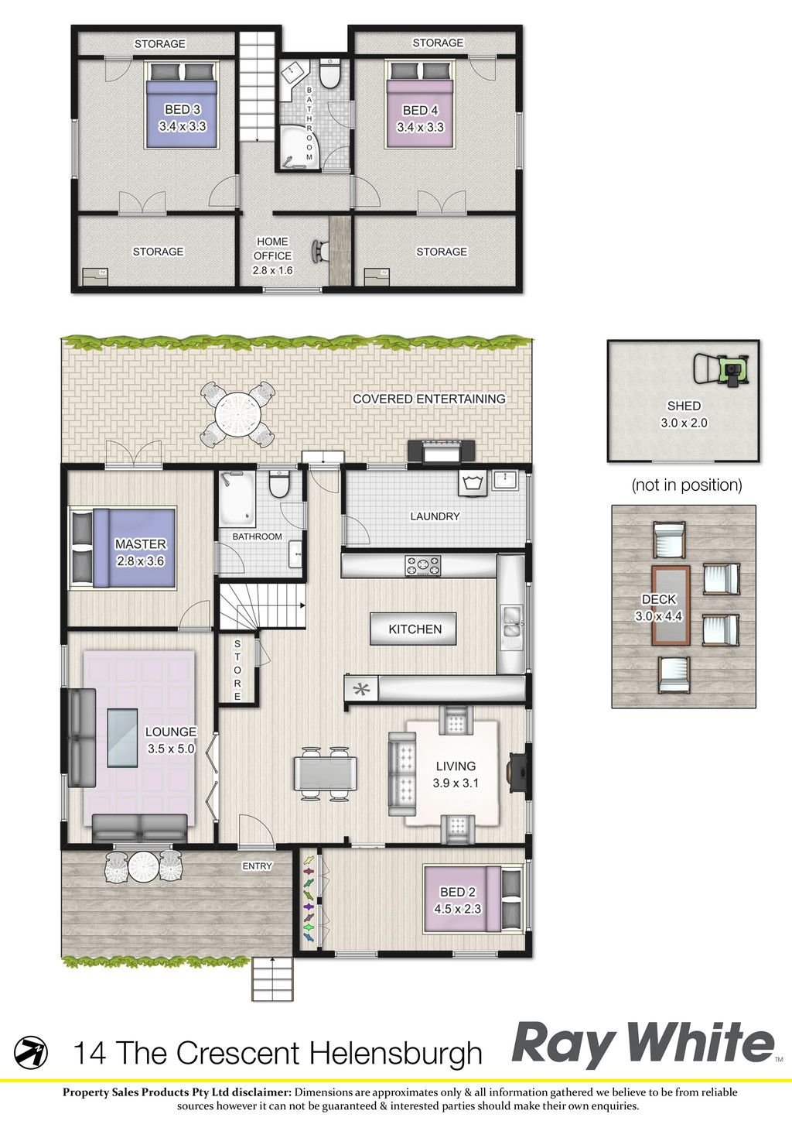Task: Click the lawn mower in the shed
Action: point(722,369)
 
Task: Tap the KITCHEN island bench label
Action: point(415,629)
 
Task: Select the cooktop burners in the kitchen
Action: point(422,566)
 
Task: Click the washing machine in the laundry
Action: point(473,483)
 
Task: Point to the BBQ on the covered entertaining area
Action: point(441,452)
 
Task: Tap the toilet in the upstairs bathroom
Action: point(329,73)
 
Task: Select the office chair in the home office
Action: point(320,250)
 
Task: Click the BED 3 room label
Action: point(183,109)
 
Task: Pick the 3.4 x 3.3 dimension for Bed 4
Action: point(421,127)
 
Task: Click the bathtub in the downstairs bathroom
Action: point(237,496)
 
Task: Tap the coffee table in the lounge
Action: point(122,739)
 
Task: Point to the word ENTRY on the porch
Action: point(257,866)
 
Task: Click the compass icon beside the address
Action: point(30,1052)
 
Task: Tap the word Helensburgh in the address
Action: point(396,1052)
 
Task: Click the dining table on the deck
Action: point(671,605)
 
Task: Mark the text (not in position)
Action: point(687,485)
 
